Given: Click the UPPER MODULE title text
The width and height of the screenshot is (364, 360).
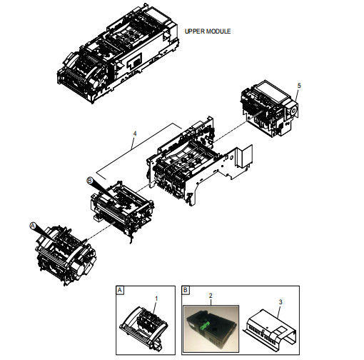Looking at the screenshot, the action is [x=208, y=31].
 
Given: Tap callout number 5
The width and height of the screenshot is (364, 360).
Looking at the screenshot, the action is [x=299, y=86].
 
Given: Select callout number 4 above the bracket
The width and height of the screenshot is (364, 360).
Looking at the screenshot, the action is [x=135, y=134].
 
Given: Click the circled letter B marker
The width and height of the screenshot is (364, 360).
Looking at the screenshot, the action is [x=90, y=181].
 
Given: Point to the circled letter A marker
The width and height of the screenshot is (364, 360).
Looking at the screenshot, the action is [x=33, y=226].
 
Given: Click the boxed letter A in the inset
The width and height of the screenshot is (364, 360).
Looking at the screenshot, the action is [x=120, y=290].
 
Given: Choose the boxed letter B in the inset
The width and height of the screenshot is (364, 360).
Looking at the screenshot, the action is [x=186, y=290].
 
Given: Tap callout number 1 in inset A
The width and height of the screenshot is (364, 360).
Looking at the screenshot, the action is [x=156, y=299].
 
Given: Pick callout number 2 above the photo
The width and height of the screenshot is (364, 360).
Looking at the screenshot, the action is [x=211, y=296].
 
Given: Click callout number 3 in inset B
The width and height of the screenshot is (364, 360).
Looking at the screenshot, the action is [x=280, y=302].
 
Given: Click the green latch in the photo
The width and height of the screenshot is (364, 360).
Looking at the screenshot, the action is [x=205, y=326].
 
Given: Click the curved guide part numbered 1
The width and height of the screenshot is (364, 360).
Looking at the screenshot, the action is [x=143, y=326].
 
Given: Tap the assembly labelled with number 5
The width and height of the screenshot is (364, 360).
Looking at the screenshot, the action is [x=269, y=109].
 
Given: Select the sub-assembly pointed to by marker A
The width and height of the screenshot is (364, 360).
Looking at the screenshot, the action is [x=66, y=255].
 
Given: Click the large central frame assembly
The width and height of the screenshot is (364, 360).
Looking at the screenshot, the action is [x=198, y=162].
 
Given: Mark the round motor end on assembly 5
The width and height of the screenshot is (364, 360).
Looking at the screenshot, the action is [x=293, y=111].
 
